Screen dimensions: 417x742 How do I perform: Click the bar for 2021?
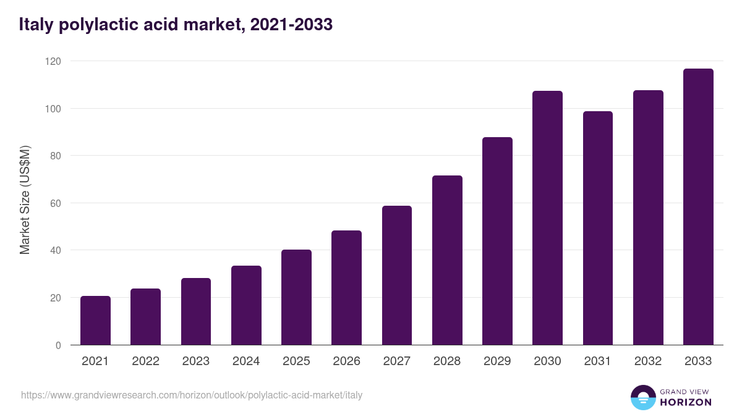pos(95,321)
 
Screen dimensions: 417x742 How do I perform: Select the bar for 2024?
pos(246,305)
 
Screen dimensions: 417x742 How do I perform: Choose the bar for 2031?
pos(598,228)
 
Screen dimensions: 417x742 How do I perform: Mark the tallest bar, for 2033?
pos(698,207)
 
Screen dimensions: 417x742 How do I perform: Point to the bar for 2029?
pos(497,241)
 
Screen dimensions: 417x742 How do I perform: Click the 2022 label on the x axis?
pos(146,361)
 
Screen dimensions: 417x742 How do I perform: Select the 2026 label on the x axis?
pos(346,361)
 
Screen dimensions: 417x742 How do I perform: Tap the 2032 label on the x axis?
pos(648,361)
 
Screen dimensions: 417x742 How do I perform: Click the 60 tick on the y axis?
pos(55,203)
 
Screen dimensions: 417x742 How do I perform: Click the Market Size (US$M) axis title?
pos(25,201)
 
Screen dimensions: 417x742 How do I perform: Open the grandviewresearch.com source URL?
pos(192,395)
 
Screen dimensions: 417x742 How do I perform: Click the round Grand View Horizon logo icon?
pos(643,397)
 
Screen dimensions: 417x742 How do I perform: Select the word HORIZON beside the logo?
pos(686,402)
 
